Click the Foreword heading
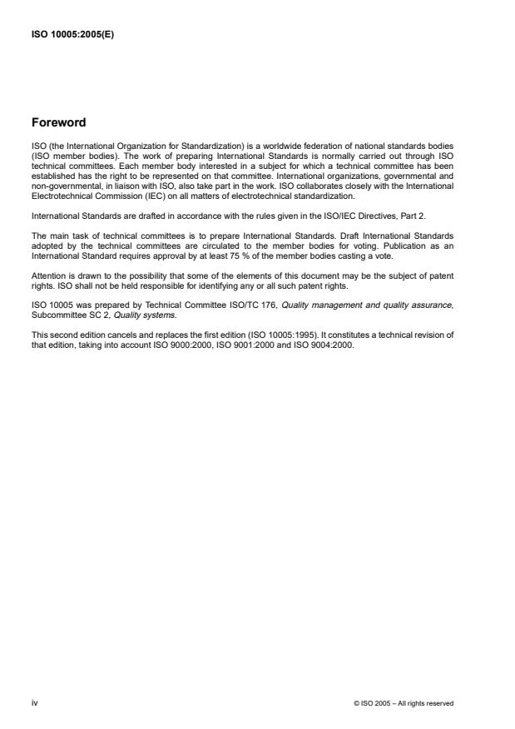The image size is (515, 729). point(57,123)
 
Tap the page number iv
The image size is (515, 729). point(34,702)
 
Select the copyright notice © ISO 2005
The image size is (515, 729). point(404,703)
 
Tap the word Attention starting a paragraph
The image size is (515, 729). point(48,274)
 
